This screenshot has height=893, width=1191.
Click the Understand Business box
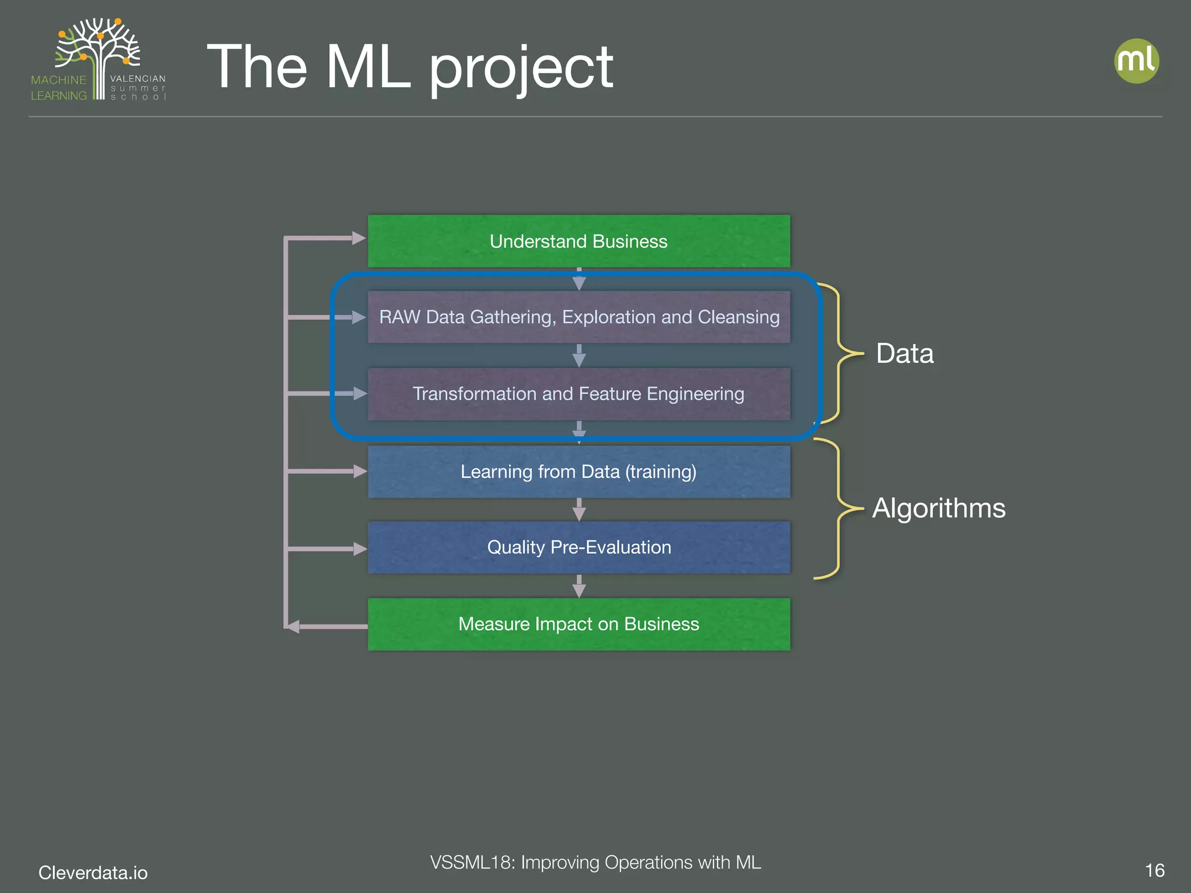[579, 241]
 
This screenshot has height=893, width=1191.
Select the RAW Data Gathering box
[579, 317]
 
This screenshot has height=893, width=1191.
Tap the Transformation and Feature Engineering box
[579, 394]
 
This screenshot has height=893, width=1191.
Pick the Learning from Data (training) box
[579, 471]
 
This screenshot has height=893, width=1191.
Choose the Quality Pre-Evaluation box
[579, 547]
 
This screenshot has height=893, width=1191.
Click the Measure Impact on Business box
[579, 624]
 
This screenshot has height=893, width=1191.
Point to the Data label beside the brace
[904, 353]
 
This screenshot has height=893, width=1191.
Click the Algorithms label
[939, 508]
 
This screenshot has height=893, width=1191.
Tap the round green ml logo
[1136, 61]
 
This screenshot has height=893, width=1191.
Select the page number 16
[1154, 870]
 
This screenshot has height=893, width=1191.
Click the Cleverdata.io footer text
[93, 873]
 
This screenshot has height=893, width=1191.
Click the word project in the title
[520, 69]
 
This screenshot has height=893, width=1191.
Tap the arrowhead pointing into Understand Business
[359, 238]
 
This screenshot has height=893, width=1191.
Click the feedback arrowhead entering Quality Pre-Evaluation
[359, 549]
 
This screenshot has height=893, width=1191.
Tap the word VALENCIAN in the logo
[138, 78]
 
